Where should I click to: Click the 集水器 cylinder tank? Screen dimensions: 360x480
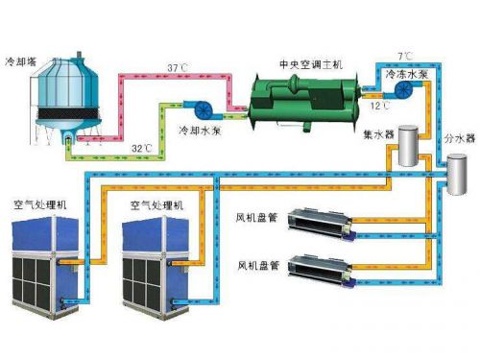pyautogui.click(x=413, y=150)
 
